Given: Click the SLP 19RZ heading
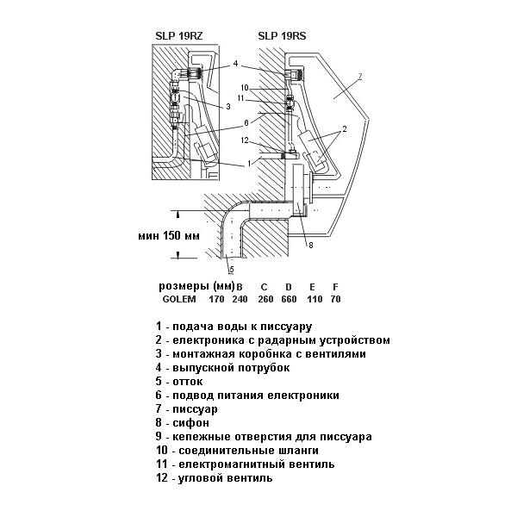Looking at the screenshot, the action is [179, 36].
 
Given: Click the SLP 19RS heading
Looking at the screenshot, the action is [282, 36].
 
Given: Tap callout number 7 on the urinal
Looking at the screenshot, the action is [360, 77].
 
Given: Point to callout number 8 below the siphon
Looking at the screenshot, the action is [310, 245].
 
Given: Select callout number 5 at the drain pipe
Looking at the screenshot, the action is [232, 270].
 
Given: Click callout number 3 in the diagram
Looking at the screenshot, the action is [228, 107].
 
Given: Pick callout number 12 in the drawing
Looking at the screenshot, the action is [245, 140].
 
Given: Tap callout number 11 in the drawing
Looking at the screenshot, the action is [240, 98].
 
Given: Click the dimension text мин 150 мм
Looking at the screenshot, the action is [169, 236].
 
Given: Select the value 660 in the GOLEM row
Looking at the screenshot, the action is [289, 299].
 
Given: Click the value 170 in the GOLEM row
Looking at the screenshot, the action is [216, 299].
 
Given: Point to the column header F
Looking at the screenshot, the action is [335, 287].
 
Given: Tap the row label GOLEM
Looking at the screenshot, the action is [179, 299].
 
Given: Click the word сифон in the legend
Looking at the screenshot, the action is [190, 423].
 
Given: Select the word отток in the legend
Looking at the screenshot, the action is [188, 382].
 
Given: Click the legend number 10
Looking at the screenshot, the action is [162, 450].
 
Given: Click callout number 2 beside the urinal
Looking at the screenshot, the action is [345, 129].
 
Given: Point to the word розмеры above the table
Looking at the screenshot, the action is [184, 287].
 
